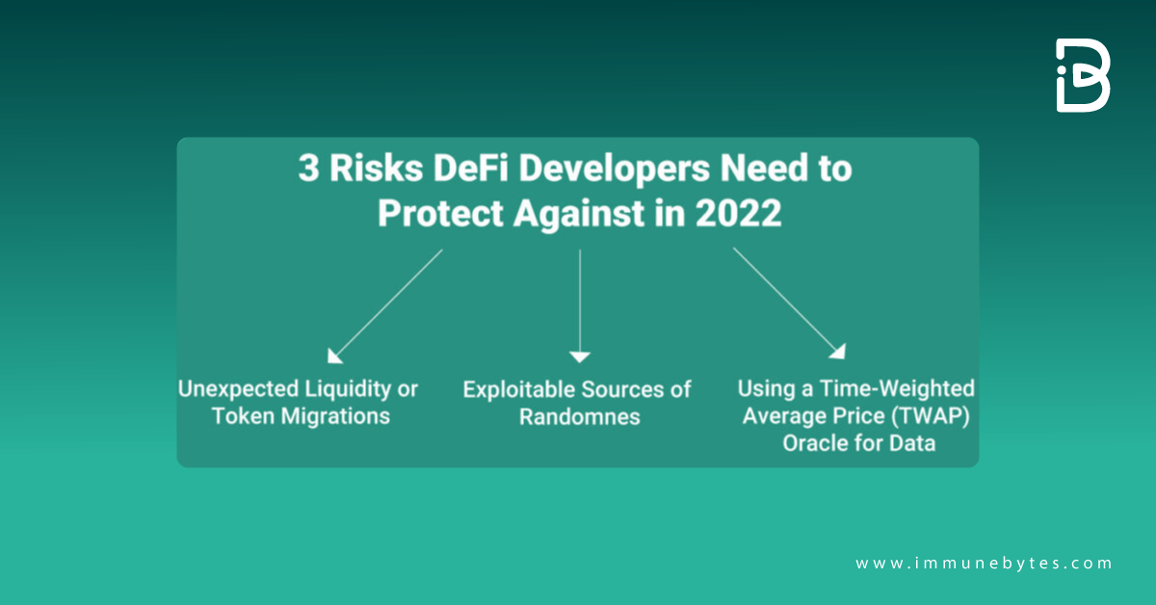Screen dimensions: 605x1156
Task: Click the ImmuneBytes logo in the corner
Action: coord(1083,76)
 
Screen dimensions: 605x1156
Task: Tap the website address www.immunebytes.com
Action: coord(984,564)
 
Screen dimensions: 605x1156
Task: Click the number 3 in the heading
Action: coord(308,170)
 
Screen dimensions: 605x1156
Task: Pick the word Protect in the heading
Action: coord(436,213)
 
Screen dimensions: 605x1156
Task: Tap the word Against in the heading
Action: coord(572,213)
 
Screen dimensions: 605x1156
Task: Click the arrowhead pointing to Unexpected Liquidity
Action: coord(334,355)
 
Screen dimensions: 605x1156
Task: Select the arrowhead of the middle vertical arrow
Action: coord(579,356)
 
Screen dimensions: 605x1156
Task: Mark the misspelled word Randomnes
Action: coord(580,417)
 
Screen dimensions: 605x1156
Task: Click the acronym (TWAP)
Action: coord(906,416)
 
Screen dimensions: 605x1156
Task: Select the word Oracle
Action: coord(817,444)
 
